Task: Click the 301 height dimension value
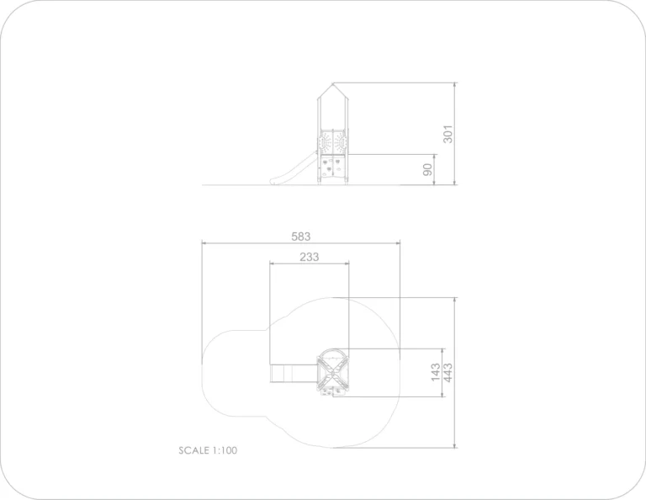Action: [x=447, y=134]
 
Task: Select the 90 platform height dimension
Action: [x=428, y=169]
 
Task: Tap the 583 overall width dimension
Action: [x=301, y=237]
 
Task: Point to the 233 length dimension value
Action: [x=309, y=257]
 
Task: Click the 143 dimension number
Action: [x=436, y=372]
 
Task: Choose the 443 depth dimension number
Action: [x=447, y=372]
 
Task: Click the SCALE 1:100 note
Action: [x=208, y=450]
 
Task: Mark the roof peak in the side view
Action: [x=332, y=83]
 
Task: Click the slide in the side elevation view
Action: [x=294, y=168]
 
